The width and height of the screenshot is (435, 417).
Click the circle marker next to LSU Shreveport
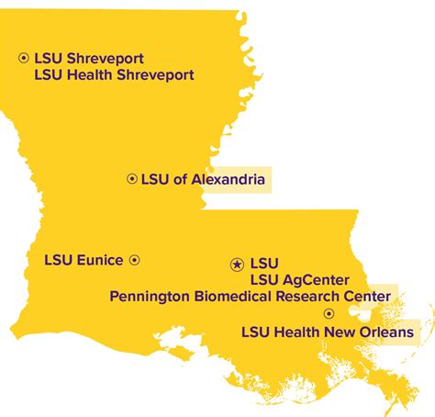coord(24,58)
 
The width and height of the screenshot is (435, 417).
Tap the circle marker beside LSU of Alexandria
coord(131,179)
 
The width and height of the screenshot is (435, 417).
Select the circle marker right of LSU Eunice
coord(134,260)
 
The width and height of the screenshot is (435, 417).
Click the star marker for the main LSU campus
coord(237,265)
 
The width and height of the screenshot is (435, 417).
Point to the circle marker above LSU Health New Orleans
coord(329,313)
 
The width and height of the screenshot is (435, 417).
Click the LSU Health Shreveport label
coord(113,75)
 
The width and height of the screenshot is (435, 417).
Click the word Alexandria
coord(228,180)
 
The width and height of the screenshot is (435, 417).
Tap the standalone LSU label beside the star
coord(263,264)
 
